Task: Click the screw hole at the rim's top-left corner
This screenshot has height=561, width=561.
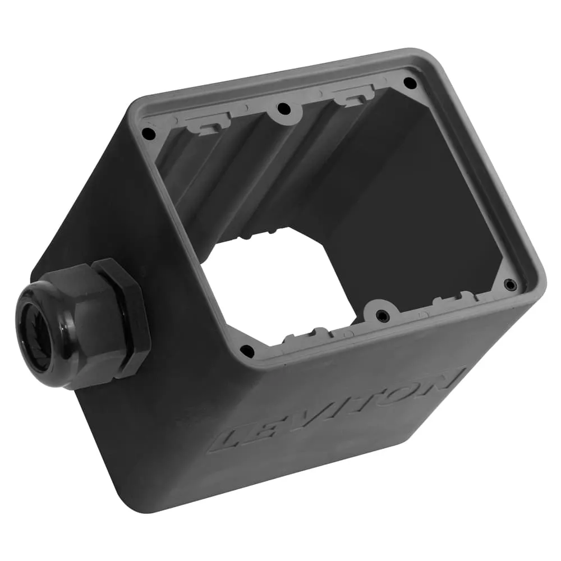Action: pyautogui.click(x=148, y=134)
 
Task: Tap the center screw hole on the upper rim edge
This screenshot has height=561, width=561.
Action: pyautogui.click(x=284, y=108)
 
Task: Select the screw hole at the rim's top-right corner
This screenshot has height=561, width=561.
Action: pyautogui.click(x=410, y=83)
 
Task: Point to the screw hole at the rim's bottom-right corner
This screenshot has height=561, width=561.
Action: pyautogui.click(x=510, y=284)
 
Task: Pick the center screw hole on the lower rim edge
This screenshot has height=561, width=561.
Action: pyautogui.click(x=382, y=316)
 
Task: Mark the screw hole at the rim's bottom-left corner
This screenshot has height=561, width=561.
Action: pyautogui.click(x=247, y=351)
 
